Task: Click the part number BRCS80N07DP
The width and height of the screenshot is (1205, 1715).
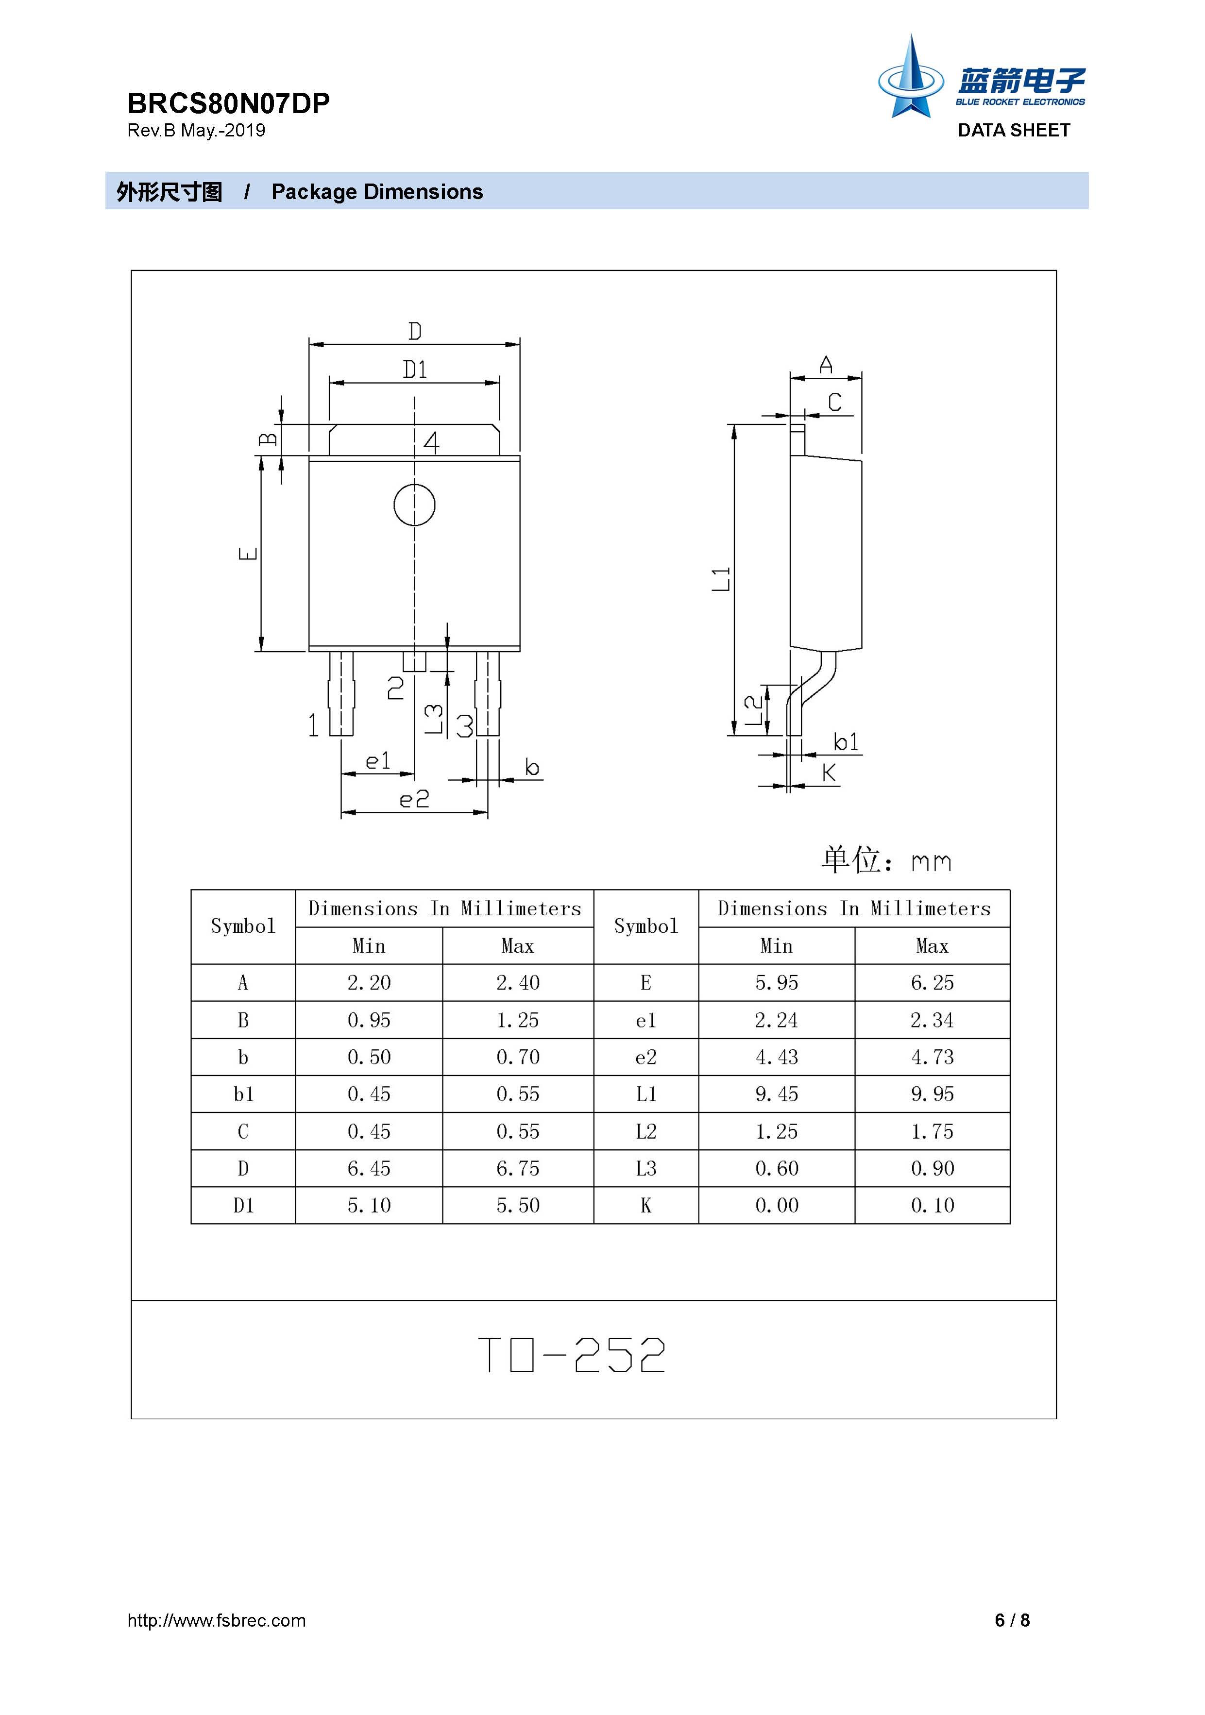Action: tap(229, 103)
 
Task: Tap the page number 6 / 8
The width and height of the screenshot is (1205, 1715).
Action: tap(1012, 1620)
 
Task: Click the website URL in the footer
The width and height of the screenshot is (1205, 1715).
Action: tap(217, 1621)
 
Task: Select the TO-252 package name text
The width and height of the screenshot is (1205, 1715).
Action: tap(572, 1355)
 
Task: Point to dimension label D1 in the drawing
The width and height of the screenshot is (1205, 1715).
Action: tap(415, 369)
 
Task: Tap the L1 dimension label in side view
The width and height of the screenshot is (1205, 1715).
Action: tap(720, 579)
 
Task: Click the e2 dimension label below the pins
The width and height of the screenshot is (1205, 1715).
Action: tap(415, 799)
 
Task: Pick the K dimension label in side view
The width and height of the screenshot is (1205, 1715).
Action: tap(829, 773)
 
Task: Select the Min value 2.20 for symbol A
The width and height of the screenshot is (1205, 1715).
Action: tap(369, 983)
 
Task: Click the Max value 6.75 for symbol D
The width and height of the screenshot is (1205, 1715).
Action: tap(518, 1168)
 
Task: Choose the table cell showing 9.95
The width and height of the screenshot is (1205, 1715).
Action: tap(933, 1094)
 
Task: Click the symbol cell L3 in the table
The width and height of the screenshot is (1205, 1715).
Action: tap(646, 1168)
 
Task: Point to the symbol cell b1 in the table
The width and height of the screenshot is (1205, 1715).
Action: tap(243, 1094)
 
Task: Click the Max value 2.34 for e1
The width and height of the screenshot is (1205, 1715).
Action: tap(933, 1020)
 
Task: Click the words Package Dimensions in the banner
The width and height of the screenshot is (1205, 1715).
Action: tap(377, 192)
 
